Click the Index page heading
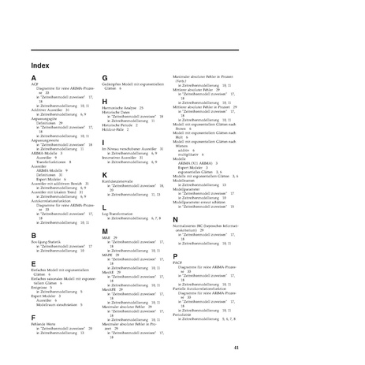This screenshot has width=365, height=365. pos(41,65)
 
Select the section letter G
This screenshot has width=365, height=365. pos(104,77)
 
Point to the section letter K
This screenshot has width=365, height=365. pos(104,173)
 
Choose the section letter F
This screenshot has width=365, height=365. pos(33,317)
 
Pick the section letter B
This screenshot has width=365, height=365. pos(33,235)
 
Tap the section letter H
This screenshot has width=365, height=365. pos(104,100)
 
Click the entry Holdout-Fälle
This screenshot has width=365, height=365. pos(116,125)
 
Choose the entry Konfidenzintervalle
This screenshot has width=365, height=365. pos(118,181)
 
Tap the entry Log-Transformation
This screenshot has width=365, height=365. pos(118,213)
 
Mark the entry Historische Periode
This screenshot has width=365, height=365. pos(118,121)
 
